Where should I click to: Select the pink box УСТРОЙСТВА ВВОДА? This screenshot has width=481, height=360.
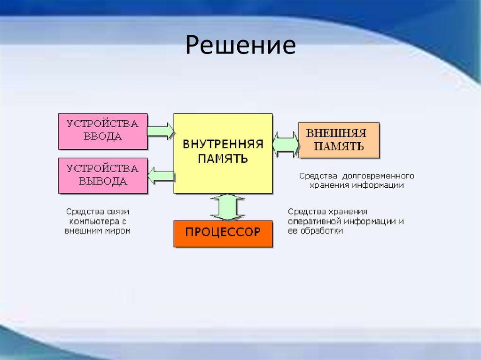(102, 131)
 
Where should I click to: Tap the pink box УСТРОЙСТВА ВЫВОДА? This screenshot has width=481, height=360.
(102, 176)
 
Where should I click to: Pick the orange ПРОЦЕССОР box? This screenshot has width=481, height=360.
(223, 233)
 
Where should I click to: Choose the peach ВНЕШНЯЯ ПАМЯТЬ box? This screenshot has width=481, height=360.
(339, 139)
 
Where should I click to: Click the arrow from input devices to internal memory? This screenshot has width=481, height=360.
(160, 130)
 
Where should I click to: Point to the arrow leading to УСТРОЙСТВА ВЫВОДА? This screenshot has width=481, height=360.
(161, 176)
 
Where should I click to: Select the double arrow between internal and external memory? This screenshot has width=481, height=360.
(286, 144)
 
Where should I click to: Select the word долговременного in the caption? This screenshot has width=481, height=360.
(378, 176)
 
